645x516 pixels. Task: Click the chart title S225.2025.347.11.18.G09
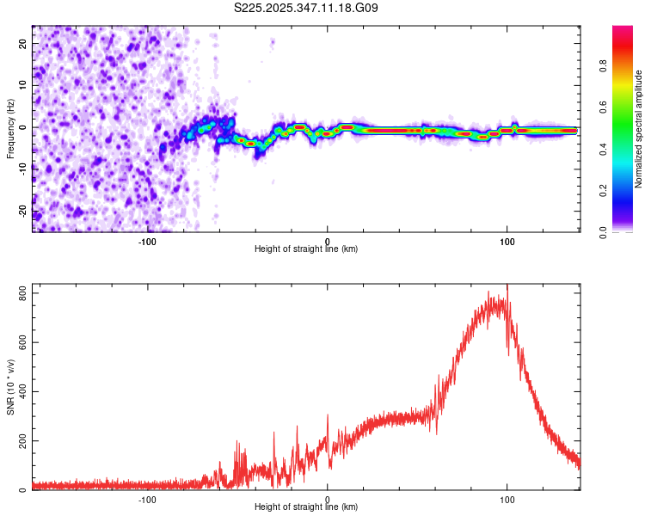click(307, 8)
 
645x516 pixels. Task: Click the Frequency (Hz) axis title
click(10, 129)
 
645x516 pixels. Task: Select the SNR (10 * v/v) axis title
click(10, 387)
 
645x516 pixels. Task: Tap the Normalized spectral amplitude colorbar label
click(639, 129)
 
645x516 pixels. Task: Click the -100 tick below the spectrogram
click(147, 241)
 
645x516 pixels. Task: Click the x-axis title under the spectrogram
click(306, 249)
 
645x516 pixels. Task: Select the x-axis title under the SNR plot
click(306, 507)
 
